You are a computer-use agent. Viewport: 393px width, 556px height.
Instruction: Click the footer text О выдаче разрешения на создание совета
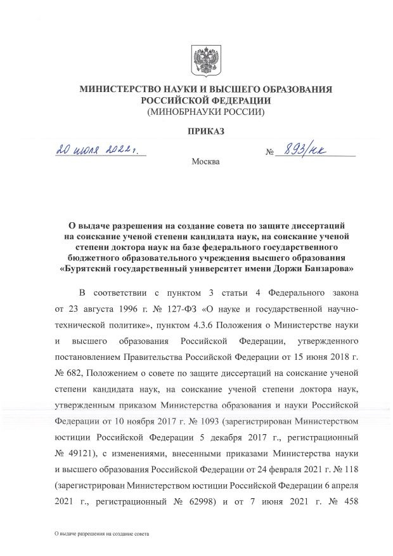coord(101,535)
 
